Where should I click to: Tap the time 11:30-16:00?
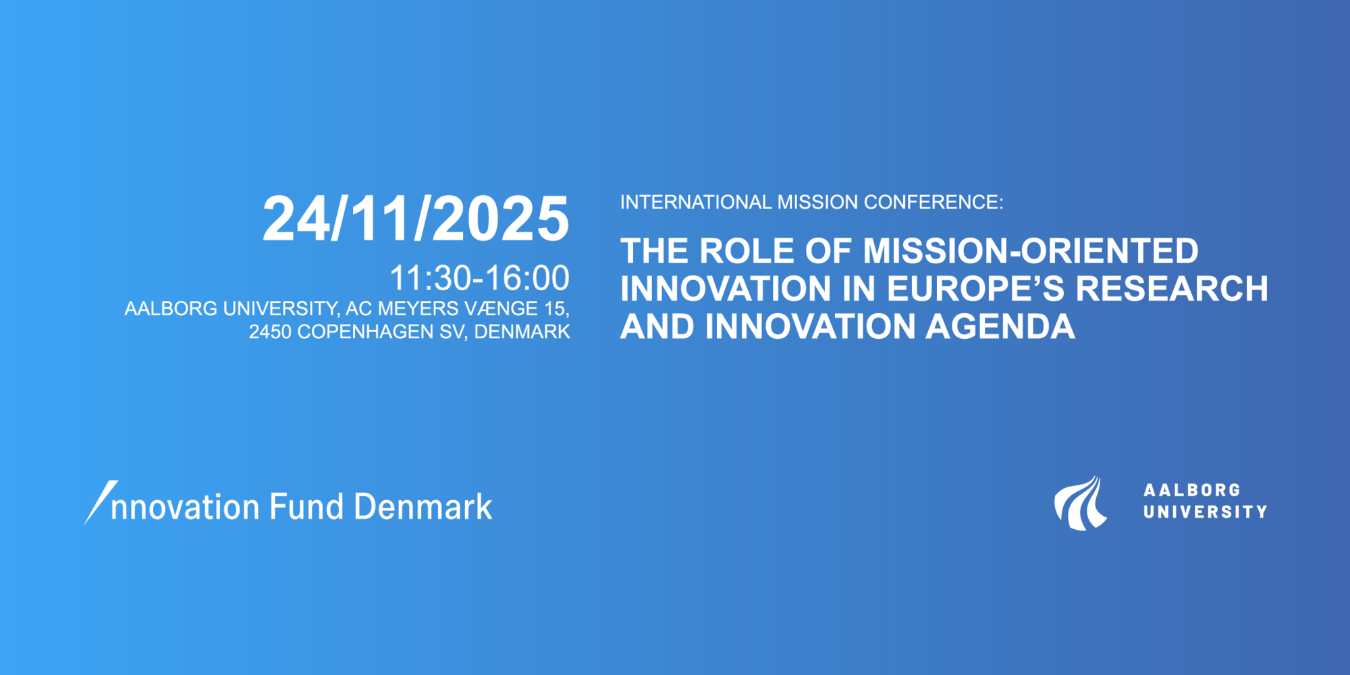tap(479, 278)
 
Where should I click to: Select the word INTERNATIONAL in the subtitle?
tap(696, 202)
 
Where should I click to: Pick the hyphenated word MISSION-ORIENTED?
tap(1031, 251)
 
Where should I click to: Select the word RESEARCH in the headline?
tap(1172, 289)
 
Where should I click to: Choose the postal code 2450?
tap(270, 332)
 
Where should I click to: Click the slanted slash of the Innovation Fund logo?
tap(101, 503)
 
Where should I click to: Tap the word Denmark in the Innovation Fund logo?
tap(423, 506)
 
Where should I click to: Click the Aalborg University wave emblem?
tap(1081, 504)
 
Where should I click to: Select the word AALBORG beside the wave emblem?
tap(1192, 490)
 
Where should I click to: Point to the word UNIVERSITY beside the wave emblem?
tap(1205, 512)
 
